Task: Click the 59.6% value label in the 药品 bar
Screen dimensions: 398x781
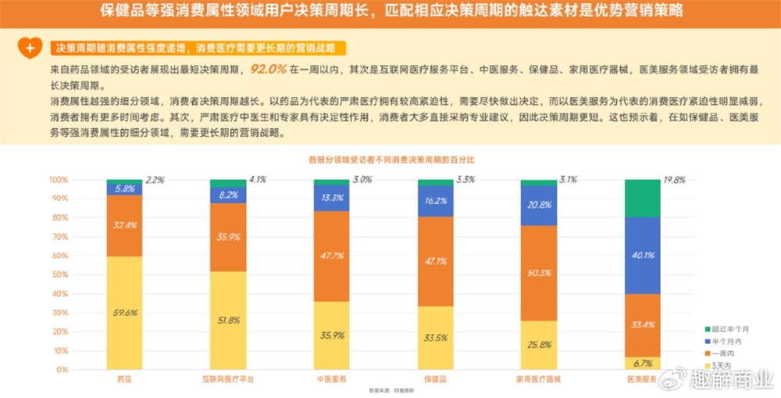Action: [125, 313]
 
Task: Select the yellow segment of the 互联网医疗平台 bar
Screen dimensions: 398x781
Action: [228, 321]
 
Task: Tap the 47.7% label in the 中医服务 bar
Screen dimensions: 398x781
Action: [332, 256]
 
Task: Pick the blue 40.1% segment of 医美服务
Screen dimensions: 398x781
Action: [643, 255]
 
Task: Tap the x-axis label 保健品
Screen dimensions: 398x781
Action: [435, 379]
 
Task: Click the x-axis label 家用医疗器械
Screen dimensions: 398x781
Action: [538, 379]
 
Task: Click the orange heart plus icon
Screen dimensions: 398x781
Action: [28, 48]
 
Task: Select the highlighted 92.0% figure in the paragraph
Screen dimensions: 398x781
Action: [269, 70]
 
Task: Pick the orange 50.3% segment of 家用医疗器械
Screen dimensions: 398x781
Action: [539, 273]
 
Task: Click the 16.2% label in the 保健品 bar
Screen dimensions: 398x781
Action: [435, 201]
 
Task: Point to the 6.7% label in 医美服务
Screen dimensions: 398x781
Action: [643, 363]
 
